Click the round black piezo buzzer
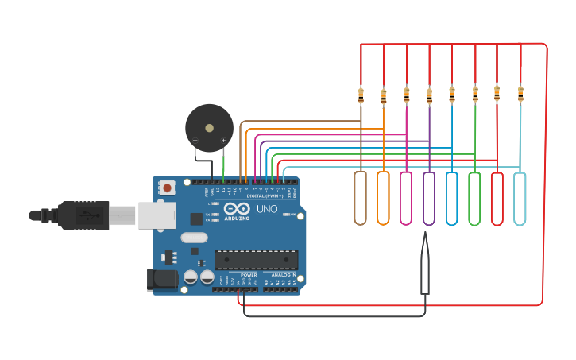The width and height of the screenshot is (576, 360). (x=209, y=127)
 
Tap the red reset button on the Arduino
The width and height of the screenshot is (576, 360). (x=167, y=188)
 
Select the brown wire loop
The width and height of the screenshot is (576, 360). (x=361, y=198)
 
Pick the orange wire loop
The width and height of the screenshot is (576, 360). (x=383, y=198)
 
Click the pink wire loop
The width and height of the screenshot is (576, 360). (x=406, y=198)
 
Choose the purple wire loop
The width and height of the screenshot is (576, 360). (x=429, y=198)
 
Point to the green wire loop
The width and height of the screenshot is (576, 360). (x=474, y=198)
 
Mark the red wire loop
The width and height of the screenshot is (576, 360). (x=497, y=198)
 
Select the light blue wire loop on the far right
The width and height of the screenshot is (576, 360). (x=520, y=198)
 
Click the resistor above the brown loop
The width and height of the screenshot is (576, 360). (x=361, y=95)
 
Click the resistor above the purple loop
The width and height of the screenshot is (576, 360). (x=430, y=95)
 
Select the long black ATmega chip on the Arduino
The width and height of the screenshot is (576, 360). (x=256, y=259)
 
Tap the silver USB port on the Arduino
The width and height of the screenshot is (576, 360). (x=157, y=215)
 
